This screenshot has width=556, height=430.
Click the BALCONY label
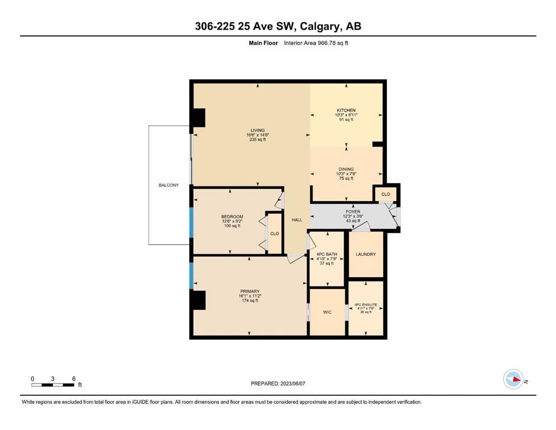[169, 185]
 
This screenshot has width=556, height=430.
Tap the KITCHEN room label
[346, 110]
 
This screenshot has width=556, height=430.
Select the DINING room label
[346, 169]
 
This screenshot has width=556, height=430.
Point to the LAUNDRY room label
[366, 254]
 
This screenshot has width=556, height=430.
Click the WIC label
[328, 312]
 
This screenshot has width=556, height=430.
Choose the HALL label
[297, 220]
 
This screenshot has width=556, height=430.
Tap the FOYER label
[353, 212]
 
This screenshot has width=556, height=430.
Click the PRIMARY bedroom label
[250, 291]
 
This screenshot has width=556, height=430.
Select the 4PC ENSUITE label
[366, 305]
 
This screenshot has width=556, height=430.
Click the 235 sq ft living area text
[258, 139]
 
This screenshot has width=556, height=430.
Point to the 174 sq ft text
[250, 301]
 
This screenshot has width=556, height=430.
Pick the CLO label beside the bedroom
[274, 233]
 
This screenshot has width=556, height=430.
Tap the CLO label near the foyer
[385, 194]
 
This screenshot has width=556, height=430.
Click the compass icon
[513, 379]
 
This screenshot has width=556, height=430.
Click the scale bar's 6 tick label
[74, 378]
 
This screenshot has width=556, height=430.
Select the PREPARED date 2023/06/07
[292, 384]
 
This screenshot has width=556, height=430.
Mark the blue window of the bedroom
[191, 223]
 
